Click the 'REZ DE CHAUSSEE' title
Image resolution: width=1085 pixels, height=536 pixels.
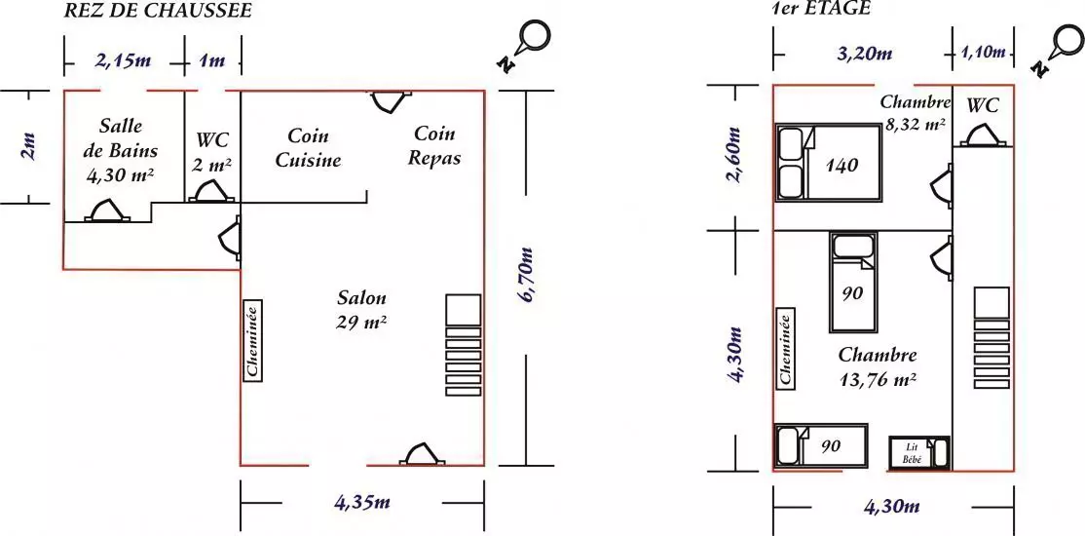(x=157, y=10)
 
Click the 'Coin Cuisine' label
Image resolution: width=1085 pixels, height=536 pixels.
(x=309, y=147)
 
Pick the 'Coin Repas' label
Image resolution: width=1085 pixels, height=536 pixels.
(x=434, y=145)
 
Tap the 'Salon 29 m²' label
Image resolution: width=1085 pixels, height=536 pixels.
(x=362, y=310)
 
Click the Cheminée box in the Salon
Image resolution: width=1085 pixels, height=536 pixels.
(x=252, y=341)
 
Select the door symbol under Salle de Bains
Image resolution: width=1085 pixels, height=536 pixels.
(x=107, y=211)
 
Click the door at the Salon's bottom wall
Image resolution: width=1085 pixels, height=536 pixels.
(x=423, y=454)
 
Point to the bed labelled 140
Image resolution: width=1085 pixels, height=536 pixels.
(x=828, y=163)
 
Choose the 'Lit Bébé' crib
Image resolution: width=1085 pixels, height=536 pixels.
(x=919, y=452)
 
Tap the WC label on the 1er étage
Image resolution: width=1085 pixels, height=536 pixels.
(x=983, y=106)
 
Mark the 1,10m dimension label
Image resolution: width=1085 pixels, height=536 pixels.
(x=984, y=52)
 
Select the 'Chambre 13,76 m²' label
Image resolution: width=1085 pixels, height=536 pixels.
(x=878, y=367)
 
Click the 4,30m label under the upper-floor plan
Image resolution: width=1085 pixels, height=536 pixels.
(x=892, y=507)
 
